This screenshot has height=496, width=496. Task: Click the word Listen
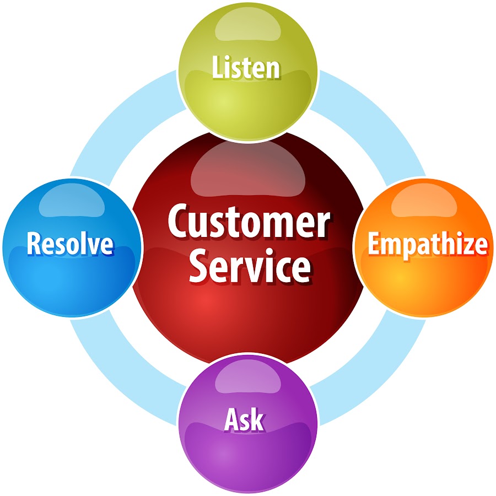pos(246,67)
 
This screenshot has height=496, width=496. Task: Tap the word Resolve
pos(70,244)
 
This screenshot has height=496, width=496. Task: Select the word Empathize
pos(427,245)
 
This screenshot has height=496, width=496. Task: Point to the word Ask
pos(244,420)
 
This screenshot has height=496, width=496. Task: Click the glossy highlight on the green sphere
pos(247,25)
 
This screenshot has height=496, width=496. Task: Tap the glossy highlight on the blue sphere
pos(72,200)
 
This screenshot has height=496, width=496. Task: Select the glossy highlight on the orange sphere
pos(424,200)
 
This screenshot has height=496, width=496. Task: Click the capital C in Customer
pos(179,220)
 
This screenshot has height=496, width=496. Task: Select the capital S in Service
pos(200,266)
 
